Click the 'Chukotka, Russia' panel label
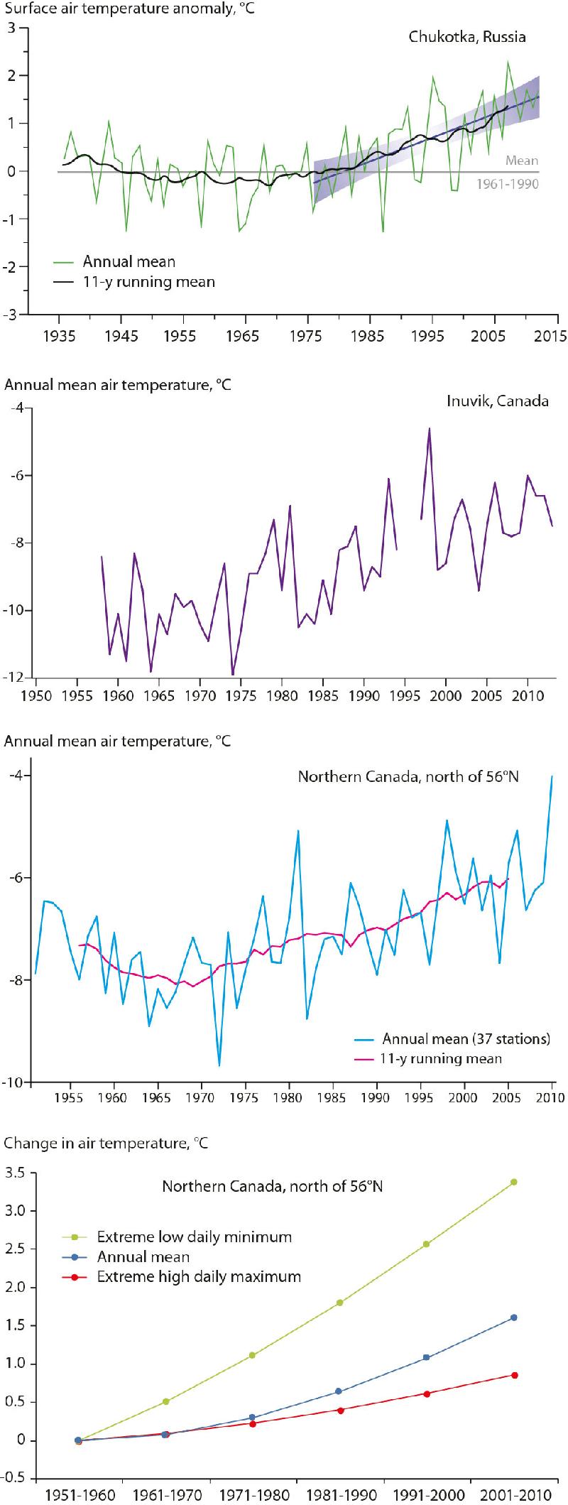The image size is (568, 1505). [x=467, y=37]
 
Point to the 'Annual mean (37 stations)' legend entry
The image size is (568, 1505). [x=466, y=1039]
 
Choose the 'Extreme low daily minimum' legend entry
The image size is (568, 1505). [x=195, y=1237]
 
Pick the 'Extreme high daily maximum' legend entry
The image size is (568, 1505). [x=199, y=1277]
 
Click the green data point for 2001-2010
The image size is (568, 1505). [x=514, y=1182]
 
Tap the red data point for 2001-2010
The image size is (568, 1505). [x=514, y=1375]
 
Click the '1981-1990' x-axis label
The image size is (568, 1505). [x=339, y=1494]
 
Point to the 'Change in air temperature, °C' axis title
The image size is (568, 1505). [x=106, y=1143]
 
